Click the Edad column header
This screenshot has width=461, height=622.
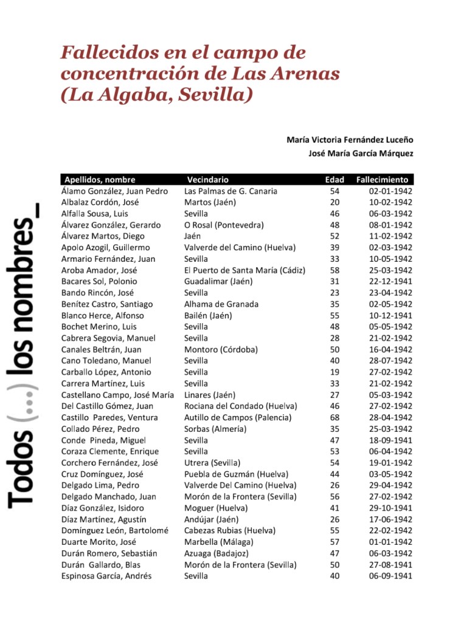point(334,180)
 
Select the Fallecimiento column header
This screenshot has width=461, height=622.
point(382,180)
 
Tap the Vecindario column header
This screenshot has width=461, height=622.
point(208,180)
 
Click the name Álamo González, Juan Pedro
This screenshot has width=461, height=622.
point(114,191)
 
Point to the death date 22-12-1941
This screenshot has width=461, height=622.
point(390,281)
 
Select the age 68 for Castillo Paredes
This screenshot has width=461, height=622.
point(334,417)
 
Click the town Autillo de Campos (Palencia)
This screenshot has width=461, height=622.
point(238,417)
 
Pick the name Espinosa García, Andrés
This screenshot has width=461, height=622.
point(106,576)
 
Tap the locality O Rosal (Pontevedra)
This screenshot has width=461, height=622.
point(224,225)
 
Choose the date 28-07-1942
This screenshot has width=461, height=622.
point(390,361)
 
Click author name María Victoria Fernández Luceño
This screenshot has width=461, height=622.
point(350,140)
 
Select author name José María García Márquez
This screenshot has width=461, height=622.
point(361,154)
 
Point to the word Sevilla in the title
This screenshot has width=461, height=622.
point(213,95)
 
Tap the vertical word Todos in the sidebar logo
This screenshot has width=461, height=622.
point(22,468)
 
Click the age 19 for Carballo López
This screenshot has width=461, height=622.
point(334,372)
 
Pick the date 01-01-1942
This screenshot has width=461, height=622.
point(390,542)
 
